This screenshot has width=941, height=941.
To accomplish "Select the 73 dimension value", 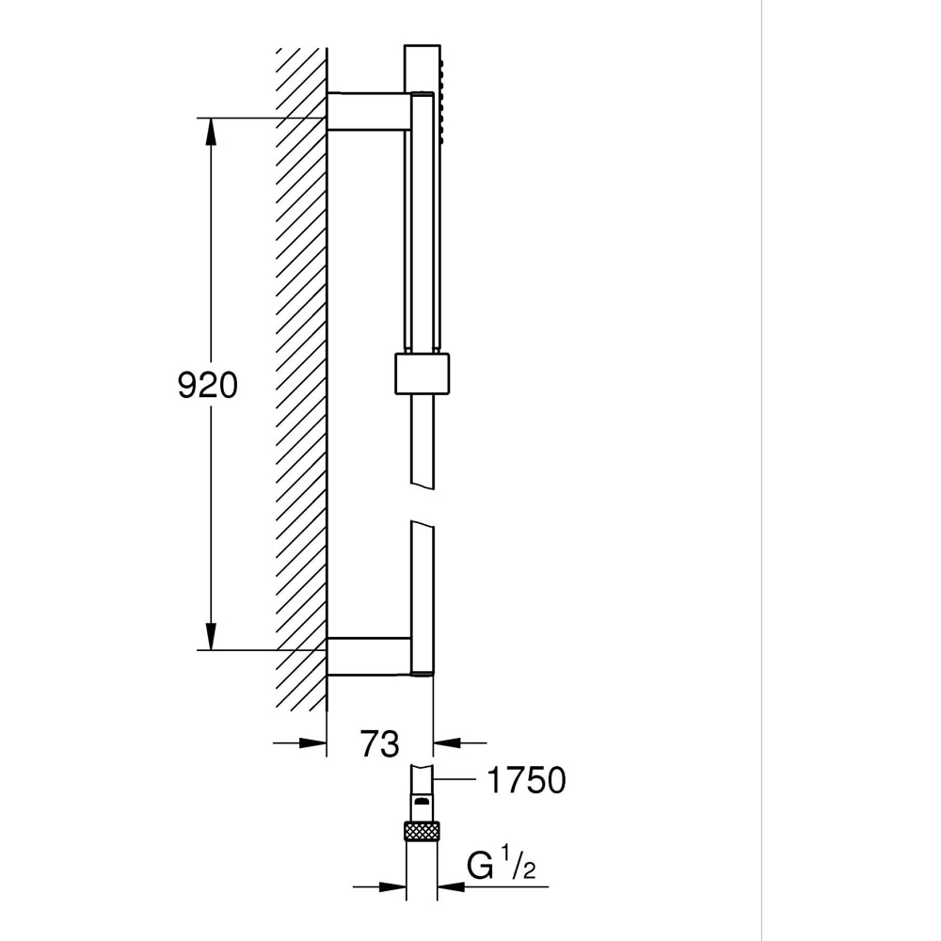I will point(379,743).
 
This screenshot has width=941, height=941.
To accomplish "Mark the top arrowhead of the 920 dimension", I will point(210,132).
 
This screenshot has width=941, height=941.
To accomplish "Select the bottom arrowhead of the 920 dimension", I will point(210,635).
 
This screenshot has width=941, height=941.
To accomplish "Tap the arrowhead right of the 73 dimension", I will point(446,743).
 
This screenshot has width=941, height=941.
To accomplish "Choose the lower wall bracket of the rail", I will point(368,656).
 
